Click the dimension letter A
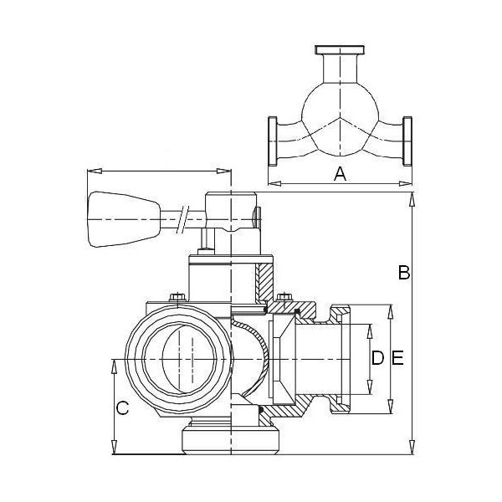coord(340,175)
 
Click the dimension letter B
coord(404,273)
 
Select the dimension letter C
coord(122,408)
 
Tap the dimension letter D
coord(378,358)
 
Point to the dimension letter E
coord(397,358)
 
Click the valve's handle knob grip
coord(123,219)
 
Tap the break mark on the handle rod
coord(182,219)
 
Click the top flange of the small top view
coord(340,50)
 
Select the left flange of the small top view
coord(273,141)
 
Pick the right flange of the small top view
coord(407,141)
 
